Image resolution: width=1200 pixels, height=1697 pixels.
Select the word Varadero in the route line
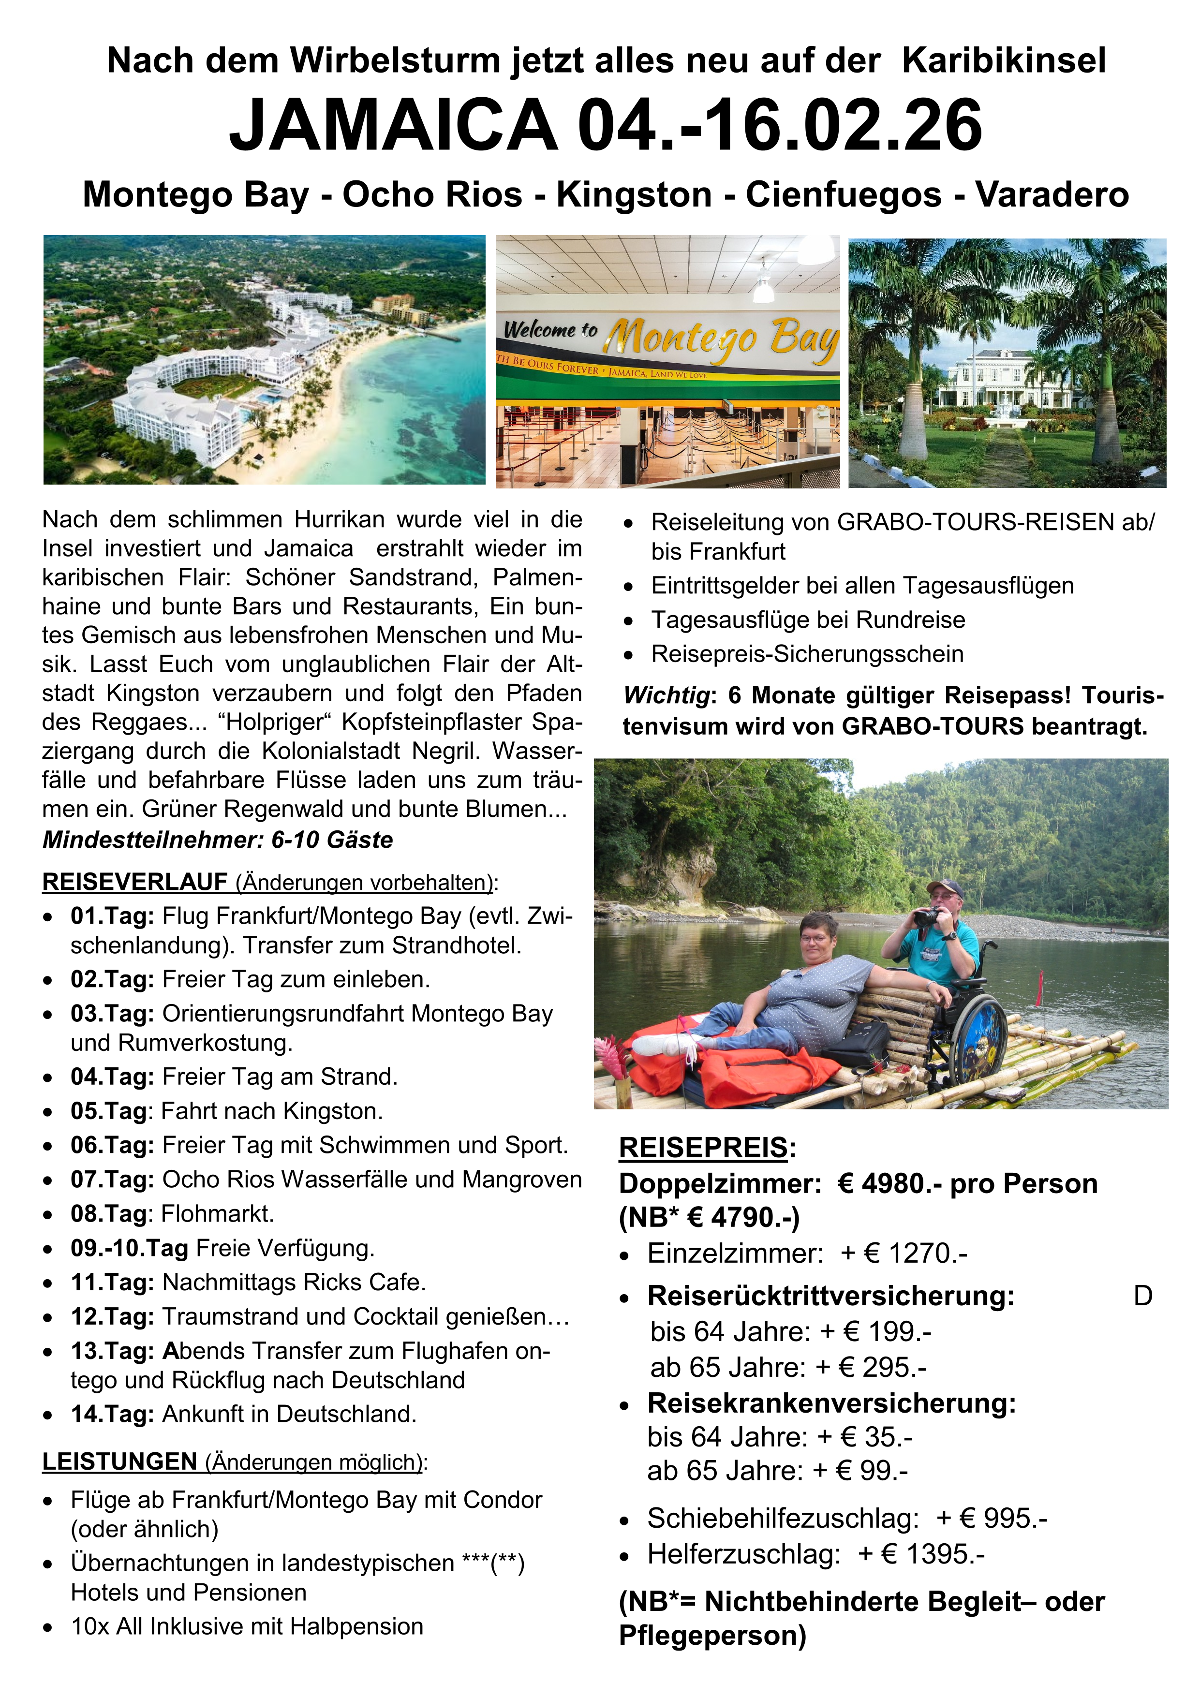1052,194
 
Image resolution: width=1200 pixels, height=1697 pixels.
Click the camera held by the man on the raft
926,916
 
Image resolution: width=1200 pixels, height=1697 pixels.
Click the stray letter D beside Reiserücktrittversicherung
1142,1296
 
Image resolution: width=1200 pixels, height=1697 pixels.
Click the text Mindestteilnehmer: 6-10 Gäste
217,840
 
